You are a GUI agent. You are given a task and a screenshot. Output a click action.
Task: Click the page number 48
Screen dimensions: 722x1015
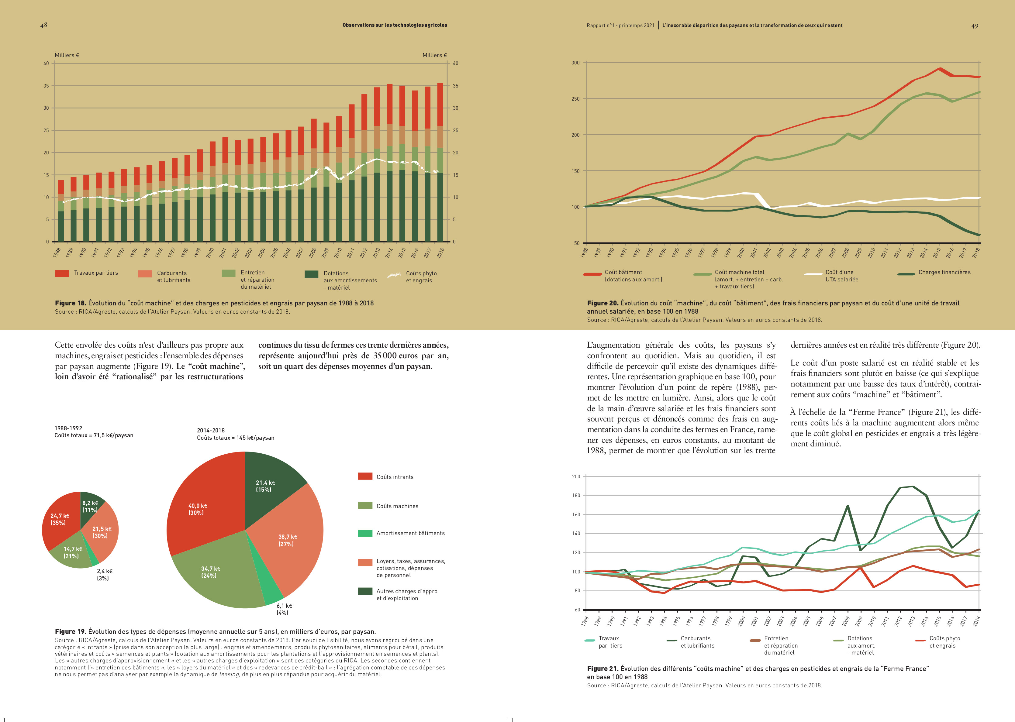[x=43, y=25]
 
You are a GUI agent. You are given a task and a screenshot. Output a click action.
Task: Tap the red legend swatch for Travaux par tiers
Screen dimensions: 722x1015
[x=62, y=273]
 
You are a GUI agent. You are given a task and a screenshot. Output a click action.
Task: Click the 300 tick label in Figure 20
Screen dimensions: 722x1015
[x=575, y=63]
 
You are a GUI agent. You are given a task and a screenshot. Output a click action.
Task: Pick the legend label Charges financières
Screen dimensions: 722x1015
[x=944, y=272]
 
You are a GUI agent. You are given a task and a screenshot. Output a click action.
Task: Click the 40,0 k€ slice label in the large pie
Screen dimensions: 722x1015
[x=198, y=509]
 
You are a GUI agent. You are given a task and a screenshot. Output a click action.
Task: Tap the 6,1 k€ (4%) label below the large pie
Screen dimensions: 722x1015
[x=284, y=609]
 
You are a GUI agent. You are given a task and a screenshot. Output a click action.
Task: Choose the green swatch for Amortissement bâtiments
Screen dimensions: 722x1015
[x=365, y=533]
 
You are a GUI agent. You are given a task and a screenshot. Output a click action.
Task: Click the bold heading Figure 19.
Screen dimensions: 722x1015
[x=70, y=631]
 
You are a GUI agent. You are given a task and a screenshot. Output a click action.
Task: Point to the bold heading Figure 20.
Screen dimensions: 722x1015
[x=603, y=303]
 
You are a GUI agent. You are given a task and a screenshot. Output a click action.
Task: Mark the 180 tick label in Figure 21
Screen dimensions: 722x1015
[x=576, y=495]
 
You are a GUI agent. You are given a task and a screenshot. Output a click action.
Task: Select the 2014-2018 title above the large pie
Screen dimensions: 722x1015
[x=211, y=430]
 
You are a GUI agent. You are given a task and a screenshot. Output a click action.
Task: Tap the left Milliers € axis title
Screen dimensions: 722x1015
[x=67, y=55]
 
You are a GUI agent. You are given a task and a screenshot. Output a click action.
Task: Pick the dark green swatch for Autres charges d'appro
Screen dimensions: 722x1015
[x=365, y=591]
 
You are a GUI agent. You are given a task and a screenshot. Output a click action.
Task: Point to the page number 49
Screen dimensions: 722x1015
[x=975, y=26]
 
